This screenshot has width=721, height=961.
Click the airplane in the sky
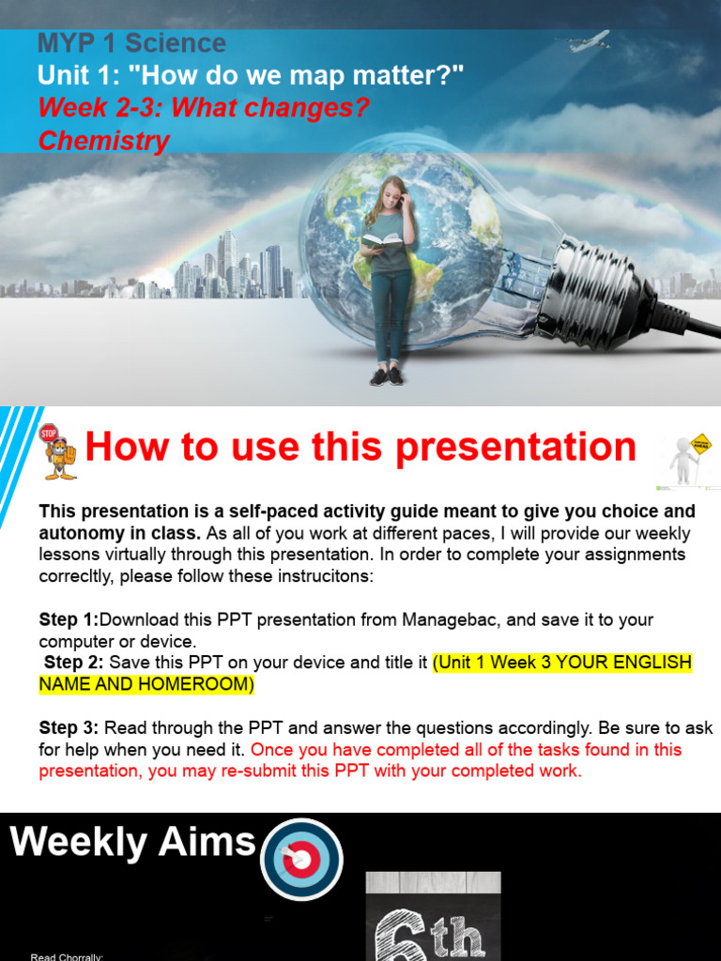(590, 41)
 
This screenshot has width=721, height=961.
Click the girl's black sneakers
(388, 375)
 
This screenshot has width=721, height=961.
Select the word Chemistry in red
(103, 142)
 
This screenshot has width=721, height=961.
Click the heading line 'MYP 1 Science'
(131, 43)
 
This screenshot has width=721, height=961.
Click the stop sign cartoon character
(58, 451)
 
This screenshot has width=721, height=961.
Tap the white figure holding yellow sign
(686, 461)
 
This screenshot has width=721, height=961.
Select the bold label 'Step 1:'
(69, 620)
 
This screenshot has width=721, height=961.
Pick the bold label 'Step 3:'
(69, 728)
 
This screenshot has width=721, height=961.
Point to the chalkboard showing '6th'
(433, 918)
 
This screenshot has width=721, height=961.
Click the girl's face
(391, 197)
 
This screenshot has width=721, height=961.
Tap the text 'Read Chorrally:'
(67, 956)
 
